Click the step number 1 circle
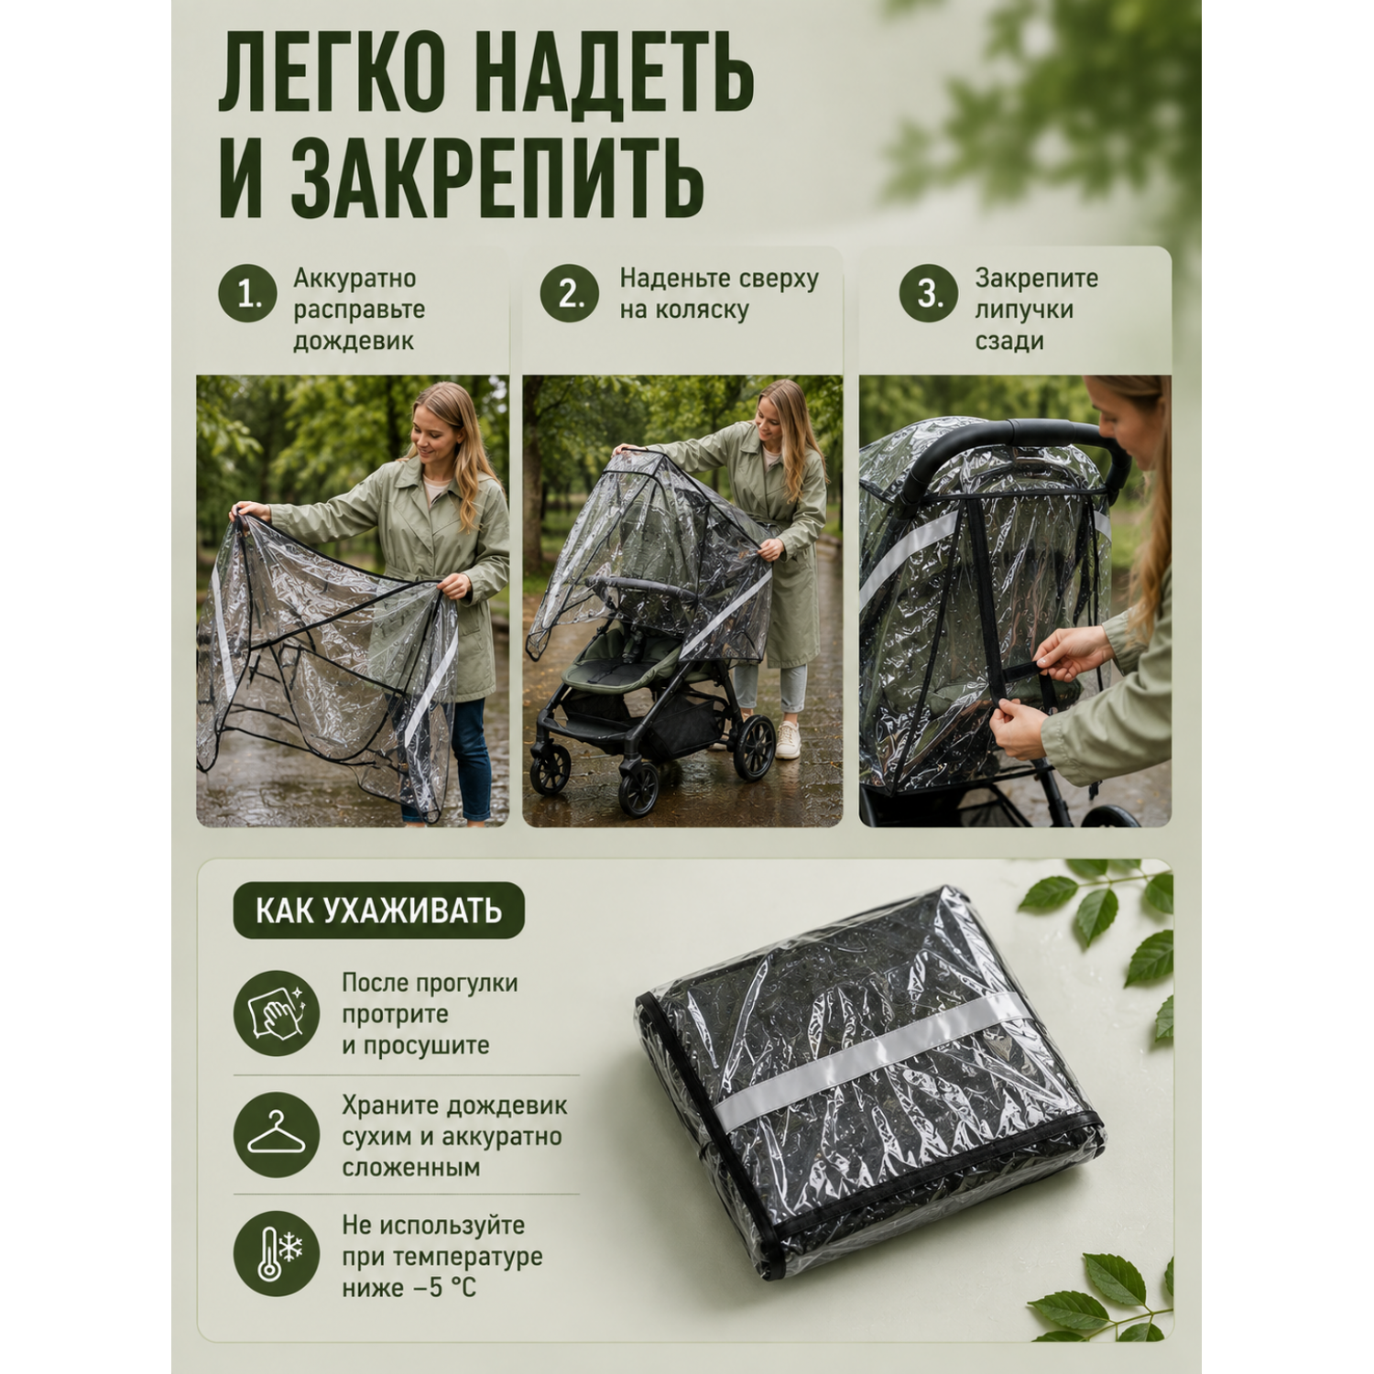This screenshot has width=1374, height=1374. tap(247, 294)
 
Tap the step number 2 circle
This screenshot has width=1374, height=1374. tap(569, 293)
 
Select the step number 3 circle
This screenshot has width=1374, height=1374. tap(929, 293)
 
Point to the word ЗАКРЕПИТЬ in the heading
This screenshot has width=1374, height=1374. tap(497, 176)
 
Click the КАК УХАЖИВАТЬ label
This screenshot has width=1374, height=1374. tap(378, 911)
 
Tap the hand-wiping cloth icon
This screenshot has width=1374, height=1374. tap(277, 1013)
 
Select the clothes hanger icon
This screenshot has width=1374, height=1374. tap(277, 1135)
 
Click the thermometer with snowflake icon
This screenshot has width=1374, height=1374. tap(277, 1254)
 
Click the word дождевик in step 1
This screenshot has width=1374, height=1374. tap(354, 341)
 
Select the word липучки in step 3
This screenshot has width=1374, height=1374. tap(1024, 310)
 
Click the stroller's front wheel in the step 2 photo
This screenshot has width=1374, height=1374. tap(639, 788)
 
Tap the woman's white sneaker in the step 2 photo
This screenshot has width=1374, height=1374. tap(788, 740)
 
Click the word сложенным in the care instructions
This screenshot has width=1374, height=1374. tap(411, 1168)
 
